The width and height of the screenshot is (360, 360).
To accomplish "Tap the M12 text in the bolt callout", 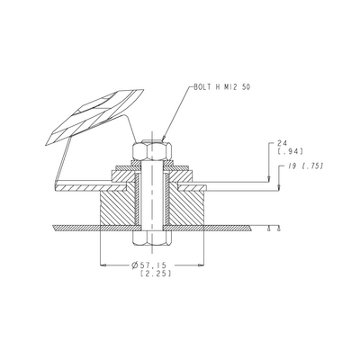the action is (230, 87).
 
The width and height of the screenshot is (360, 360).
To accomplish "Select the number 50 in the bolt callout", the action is (245, 87).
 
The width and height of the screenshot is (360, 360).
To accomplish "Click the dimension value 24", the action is (282, 144).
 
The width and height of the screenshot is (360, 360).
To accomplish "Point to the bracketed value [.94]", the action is (290, 151).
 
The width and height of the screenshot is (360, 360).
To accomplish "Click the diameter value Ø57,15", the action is (148, 265).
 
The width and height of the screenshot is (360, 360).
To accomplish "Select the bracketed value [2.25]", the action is (156, 274).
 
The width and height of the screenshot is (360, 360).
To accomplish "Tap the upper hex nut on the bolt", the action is (152, 151).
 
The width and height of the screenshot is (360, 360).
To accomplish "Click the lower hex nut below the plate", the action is (152, 238).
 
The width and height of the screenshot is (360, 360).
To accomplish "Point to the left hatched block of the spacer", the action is (117, 208).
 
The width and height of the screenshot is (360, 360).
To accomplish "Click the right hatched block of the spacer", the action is (186, 208).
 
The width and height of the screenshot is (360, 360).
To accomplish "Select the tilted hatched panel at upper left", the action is (95, 117).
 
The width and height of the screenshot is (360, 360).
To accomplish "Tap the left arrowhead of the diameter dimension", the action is (103, 265).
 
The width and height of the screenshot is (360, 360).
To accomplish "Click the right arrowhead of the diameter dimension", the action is (202, 265).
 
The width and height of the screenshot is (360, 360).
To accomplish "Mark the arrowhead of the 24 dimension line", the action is (269, 179).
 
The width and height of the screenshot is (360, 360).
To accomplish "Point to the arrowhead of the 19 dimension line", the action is (279, 187).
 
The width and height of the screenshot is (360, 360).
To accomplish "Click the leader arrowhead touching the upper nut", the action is (164, 138).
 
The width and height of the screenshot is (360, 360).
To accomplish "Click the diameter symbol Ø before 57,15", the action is (135, 265).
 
